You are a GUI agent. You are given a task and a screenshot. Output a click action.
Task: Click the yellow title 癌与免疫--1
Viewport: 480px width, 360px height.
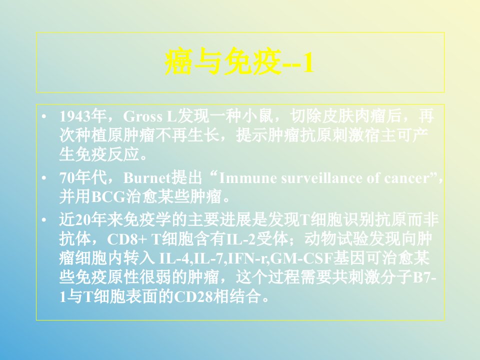click(x=239, y=62)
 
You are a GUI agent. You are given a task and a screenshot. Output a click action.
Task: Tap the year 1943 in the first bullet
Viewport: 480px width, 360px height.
click(x=75, y=116)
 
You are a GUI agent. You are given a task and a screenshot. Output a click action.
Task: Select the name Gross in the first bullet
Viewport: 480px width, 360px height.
click(x=142, y=116)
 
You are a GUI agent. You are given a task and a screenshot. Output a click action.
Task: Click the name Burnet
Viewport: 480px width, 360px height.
click(x=147, y=178)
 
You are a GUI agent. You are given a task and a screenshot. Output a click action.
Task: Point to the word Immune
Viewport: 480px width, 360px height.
click(x=248, y=178)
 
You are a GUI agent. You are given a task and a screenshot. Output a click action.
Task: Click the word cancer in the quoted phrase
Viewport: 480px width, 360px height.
click(x=407, y=178)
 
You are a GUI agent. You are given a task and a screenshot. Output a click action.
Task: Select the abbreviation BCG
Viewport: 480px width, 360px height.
click(x=108, y=197)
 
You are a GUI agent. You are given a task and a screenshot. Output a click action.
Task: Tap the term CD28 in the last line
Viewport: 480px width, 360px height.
click(x=193, y=296)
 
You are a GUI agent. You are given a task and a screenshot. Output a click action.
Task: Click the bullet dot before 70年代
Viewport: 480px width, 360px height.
click(x=44, y=178)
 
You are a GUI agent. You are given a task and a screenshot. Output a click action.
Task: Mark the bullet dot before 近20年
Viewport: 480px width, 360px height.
click(x=44, y=220)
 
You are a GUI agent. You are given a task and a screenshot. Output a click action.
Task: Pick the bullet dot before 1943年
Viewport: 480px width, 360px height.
click(x=44, y=116)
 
